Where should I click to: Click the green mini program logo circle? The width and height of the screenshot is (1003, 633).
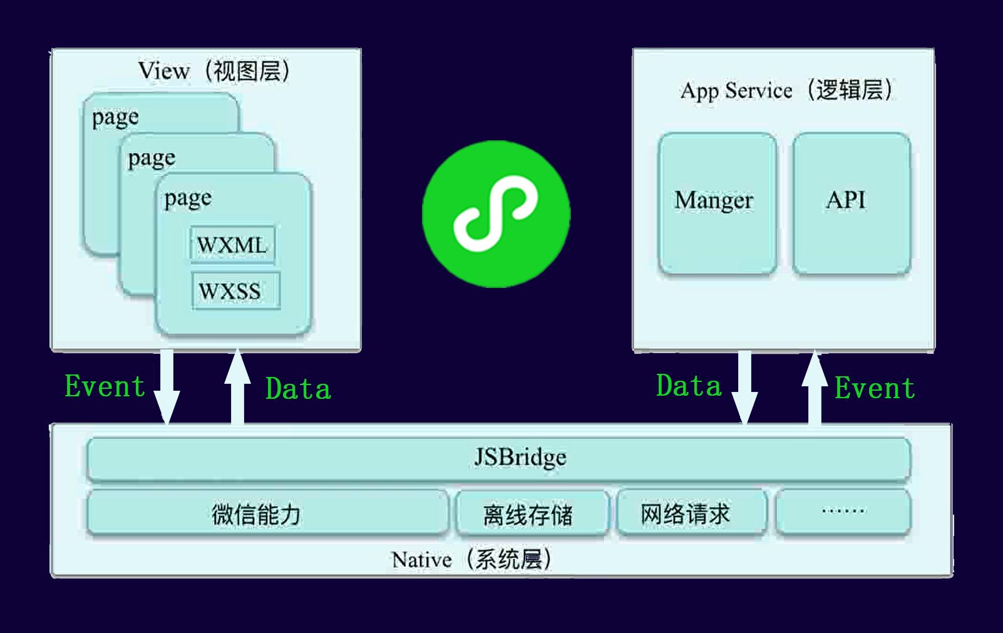coord(496,214)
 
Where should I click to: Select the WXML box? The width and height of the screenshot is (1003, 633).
coord(232,245)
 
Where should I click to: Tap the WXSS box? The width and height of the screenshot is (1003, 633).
coord(235,291)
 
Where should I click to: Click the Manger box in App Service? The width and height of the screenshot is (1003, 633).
coord(717,203)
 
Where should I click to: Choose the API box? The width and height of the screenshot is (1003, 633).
coord(851,203)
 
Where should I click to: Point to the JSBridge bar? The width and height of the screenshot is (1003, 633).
coord(498,458)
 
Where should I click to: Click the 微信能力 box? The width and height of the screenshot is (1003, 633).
coord(267,514)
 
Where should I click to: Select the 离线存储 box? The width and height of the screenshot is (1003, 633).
coord(532,514)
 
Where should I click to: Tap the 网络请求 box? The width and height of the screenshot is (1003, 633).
coord(692,514)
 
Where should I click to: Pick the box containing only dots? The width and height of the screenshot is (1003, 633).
coord(843,512)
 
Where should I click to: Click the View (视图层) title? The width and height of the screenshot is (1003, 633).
coord(214,71)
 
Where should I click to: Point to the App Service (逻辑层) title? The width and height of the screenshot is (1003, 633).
coord(786,91)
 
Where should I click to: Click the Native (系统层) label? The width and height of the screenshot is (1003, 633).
coord(471,559)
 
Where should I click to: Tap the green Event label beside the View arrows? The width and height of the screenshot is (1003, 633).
coord(105,386)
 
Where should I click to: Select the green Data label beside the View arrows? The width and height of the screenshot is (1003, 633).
coord(298,389)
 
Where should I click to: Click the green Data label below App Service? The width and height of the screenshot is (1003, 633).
coord(689,386)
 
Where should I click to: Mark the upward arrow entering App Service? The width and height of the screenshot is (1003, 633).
coord(815,388)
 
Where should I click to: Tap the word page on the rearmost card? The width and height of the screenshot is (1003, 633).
coord(115,117)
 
